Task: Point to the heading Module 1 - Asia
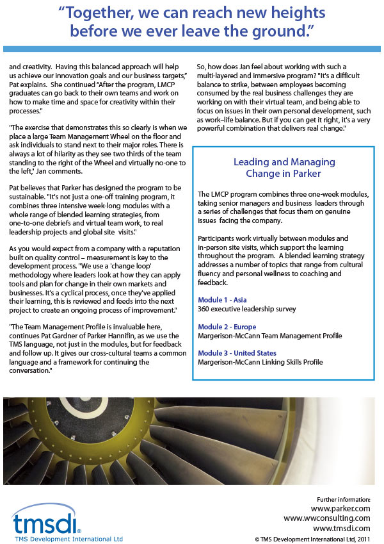[223, 299]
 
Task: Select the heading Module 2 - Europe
[227, 327]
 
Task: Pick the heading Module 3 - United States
[237, 353]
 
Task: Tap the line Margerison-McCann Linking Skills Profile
[260, 362]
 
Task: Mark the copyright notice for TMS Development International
[312, 538]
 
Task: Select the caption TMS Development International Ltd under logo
[67, 538]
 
